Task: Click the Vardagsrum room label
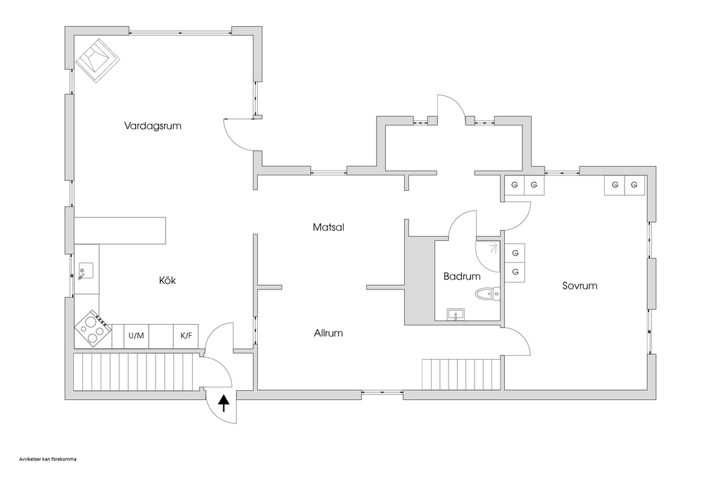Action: (x=153, y=127)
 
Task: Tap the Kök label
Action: (x=167, y=280)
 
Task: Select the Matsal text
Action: (x=328, y=227)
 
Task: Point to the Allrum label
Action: (x=328, y=332)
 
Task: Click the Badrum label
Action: (x=461, y=277)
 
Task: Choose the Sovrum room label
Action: (x=579, y=286)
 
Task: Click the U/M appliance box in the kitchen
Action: (x=136, y=336)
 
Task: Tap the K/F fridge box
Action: (x=186, y=336)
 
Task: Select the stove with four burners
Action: (x=92, y=328)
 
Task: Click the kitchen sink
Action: (x=87, y=270)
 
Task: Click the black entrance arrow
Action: (x=224, y=403)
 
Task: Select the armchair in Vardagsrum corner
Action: (x=96, y=61)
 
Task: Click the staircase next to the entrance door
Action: (x=134, y=372)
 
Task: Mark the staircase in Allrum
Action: (x=460, y=374)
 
